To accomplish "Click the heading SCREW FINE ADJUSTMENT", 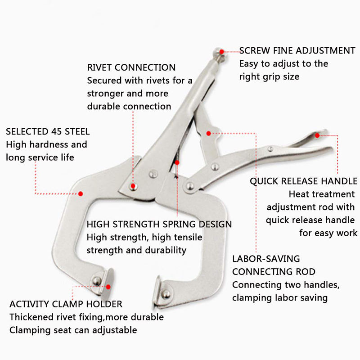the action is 297,50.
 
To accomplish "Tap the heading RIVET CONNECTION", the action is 131,67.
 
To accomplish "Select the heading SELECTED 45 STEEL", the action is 48,131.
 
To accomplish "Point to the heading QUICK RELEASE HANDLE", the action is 303,181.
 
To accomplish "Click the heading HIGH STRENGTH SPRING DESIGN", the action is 159,224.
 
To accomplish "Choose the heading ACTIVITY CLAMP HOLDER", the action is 66,304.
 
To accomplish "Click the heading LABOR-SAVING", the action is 266,259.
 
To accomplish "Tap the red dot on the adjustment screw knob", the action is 221,52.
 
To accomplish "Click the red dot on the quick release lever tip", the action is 317,135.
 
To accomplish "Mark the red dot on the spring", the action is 177,162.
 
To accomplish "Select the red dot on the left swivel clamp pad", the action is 108,287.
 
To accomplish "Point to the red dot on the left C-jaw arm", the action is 81,194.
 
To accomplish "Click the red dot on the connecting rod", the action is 208,133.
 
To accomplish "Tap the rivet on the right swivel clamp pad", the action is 166,294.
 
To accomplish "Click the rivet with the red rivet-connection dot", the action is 133,186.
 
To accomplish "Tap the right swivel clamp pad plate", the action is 157,292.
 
